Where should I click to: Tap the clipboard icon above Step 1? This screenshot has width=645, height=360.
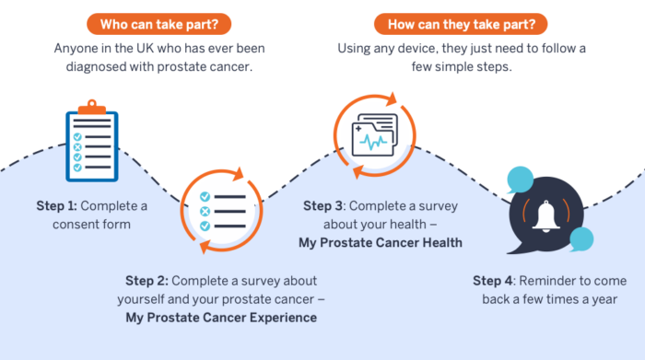click(x=91, y=145)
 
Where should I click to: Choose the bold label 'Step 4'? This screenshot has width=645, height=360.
click(x=496, y=280)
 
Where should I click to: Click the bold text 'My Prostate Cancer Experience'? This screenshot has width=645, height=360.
click(x=221, y=318)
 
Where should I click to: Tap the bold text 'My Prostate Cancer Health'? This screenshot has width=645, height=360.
click(x=380, y=243)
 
